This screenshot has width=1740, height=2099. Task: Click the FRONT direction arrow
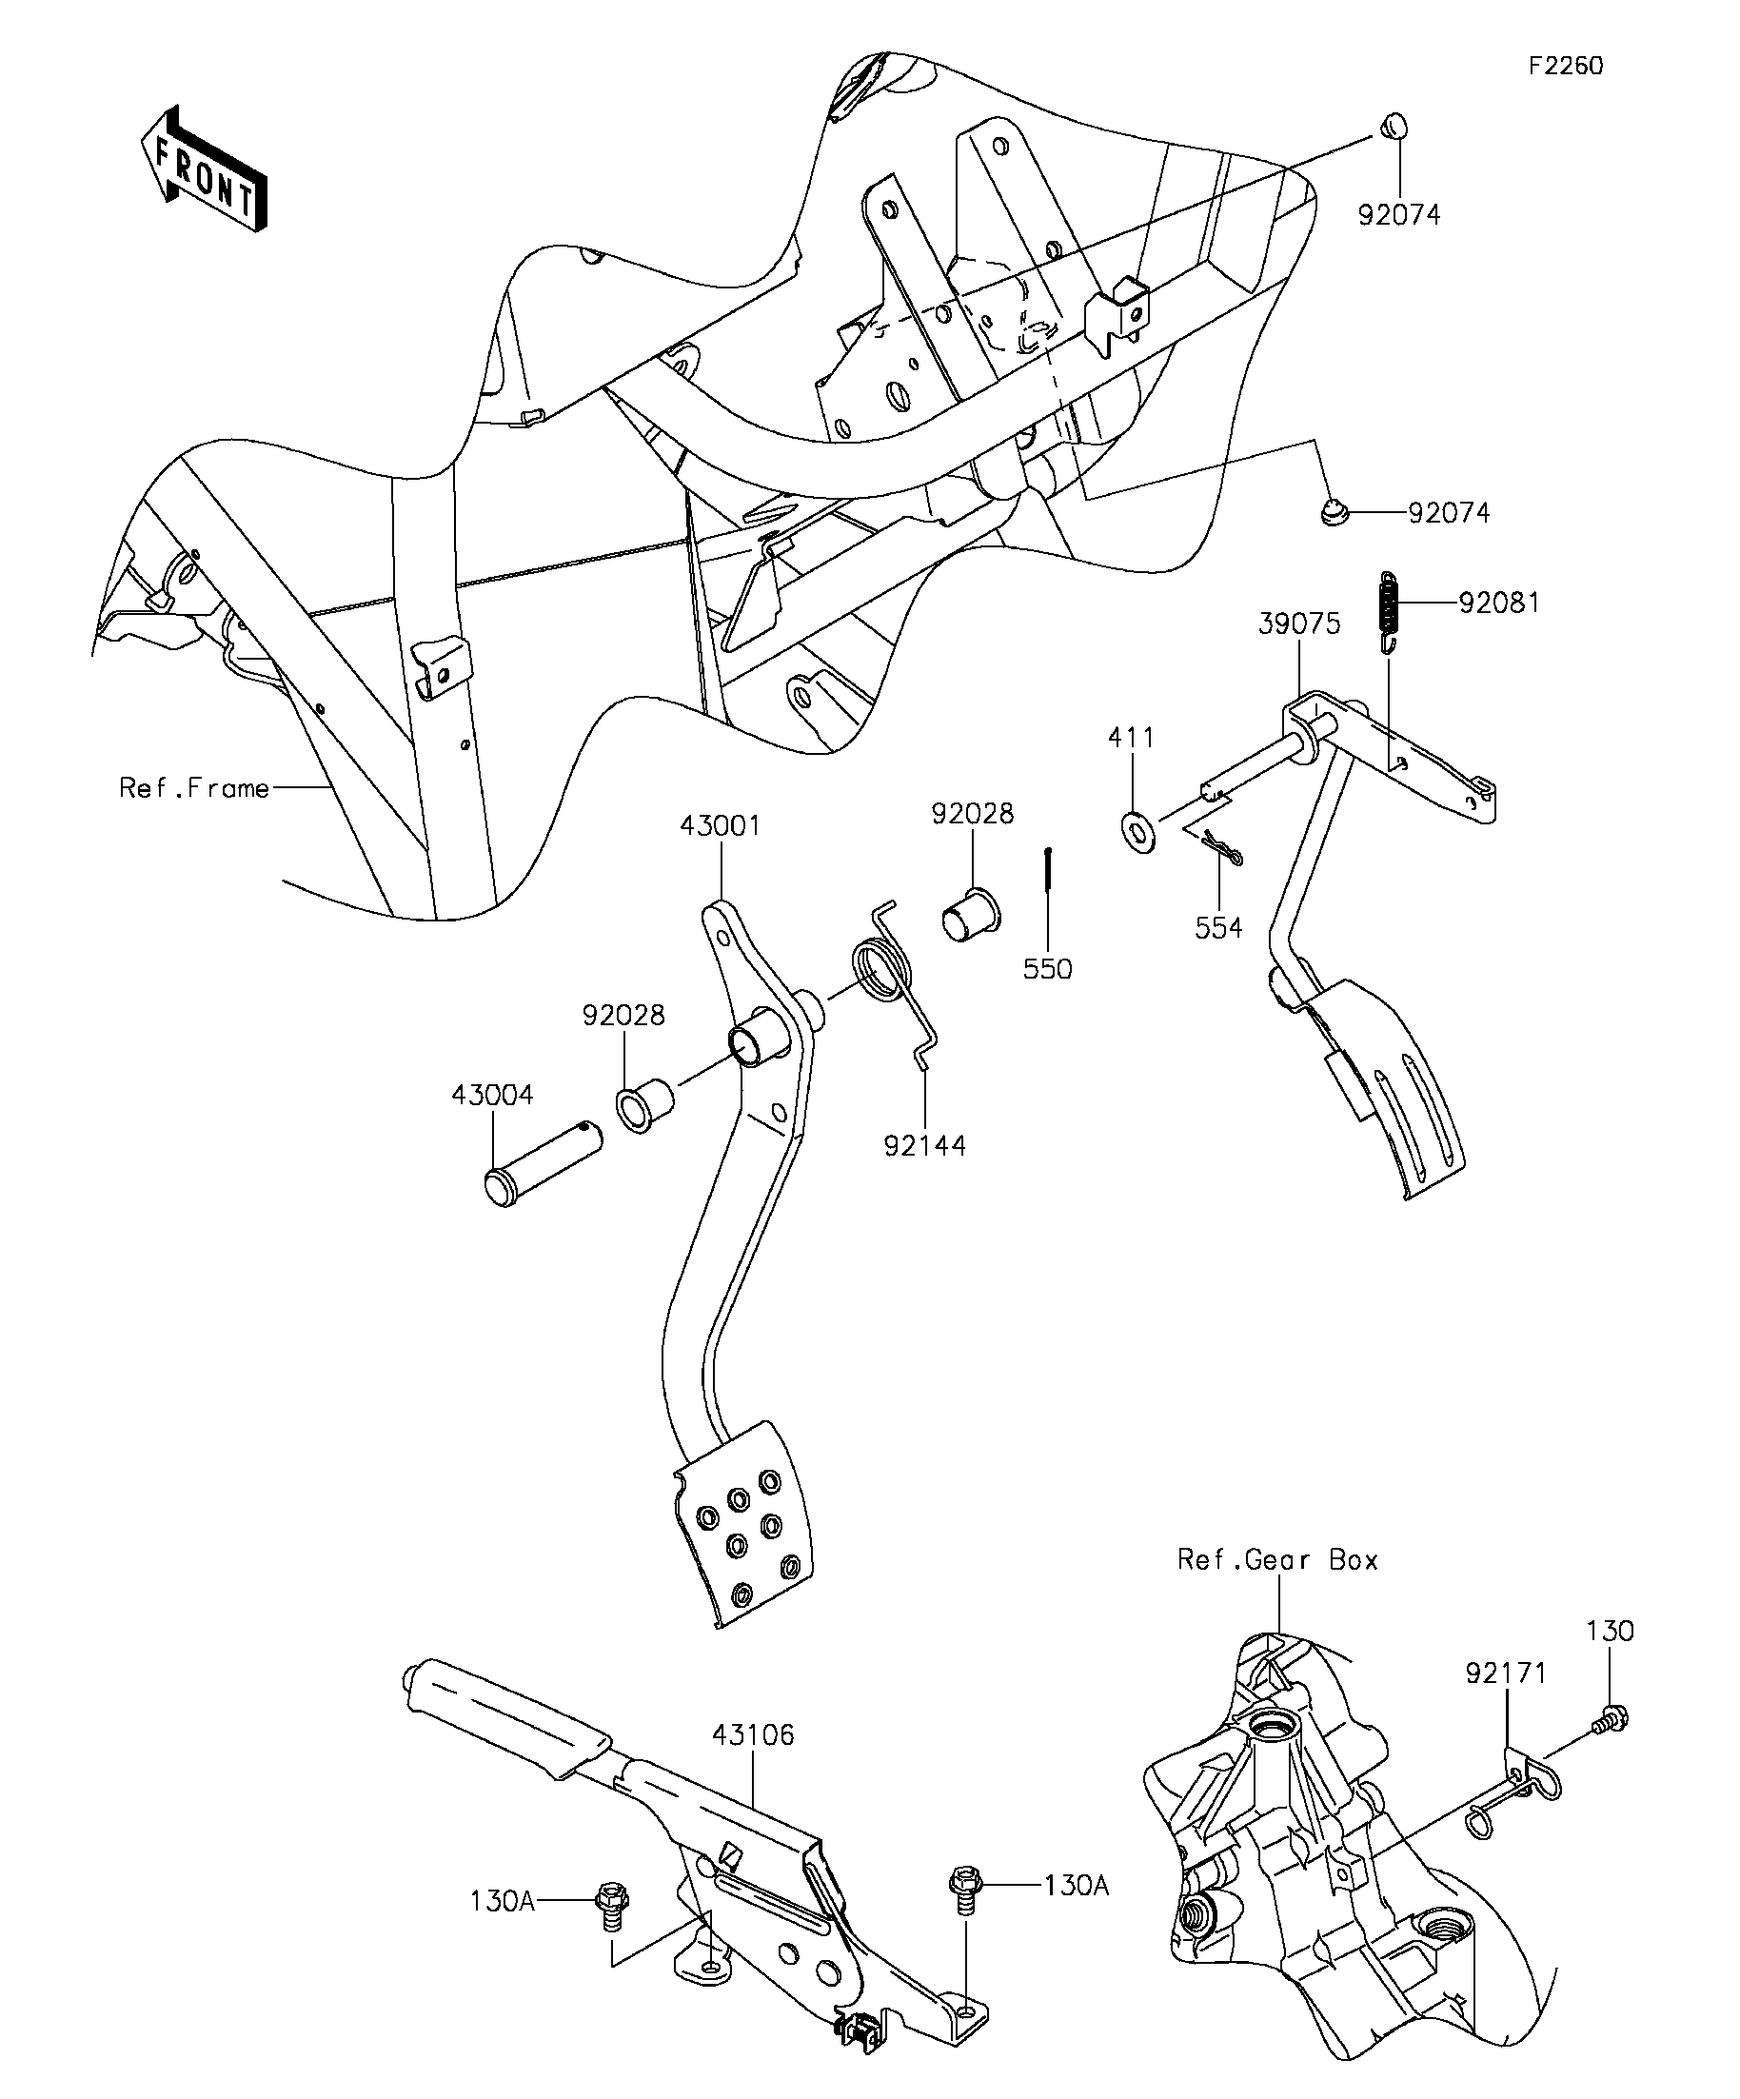pyautogui.click(x=204, y=169)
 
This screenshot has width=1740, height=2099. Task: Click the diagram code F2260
pyautogui.click(x=1565, y=66)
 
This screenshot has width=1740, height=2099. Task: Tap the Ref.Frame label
pyautogui.click(x=194, y=788)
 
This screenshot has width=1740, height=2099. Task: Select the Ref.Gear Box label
pyautogui.click(x=1277, y=1560)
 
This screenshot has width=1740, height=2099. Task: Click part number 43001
pyautogui.click(x=720, y=825)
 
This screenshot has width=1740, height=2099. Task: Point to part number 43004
pyautogui.click(x=492, y=1095)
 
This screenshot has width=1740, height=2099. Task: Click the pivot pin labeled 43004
pyautogui.click(x=543, y=1164)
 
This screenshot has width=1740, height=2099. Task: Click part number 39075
pyautogui.click(x=1298, y=624)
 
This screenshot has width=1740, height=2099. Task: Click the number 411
pyautogui.click(x=1132, y=738)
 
